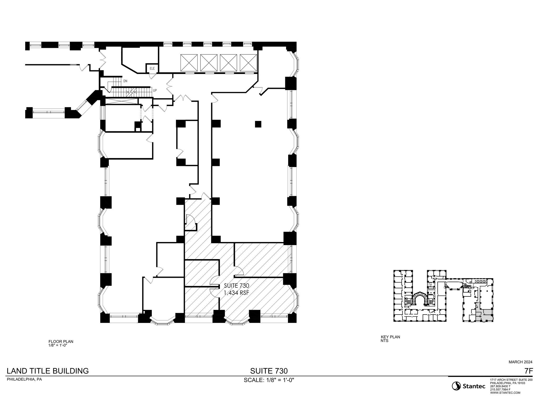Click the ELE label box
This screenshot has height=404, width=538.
click(152, 68)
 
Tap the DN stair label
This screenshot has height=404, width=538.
click(125, 81)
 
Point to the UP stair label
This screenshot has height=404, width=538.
click(155, 90)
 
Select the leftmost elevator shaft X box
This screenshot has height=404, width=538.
click(189, 63)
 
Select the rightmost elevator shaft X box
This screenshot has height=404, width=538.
click(248, 63)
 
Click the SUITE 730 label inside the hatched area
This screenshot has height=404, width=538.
click(236, 286)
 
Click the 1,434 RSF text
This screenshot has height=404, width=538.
click(236, 293)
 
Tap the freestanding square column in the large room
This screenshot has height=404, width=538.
click(258, 124)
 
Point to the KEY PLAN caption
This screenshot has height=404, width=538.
click(390, 337)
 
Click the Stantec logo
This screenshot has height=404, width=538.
click(468, 386)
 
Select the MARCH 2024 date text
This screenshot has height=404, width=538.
click(520, 362)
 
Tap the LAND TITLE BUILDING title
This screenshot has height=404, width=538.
click(48, 371)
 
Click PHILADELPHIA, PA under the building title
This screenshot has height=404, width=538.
click(24, 380)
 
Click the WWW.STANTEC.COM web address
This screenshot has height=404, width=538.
click(505, 393)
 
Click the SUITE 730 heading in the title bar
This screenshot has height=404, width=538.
click(269, 371)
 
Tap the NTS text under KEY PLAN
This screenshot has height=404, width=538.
click(384, 341)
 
